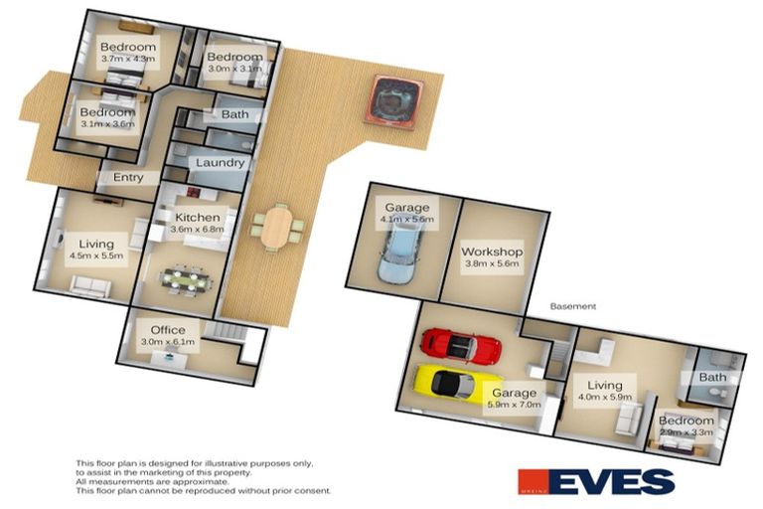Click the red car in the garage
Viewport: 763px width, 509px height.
460,346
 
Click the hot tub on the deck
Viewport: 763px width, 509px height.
391,99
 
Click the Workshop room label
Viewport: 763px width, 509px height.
492,252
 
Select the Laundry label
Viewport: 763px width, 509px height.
220,163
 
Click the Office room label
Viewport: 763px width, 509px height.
168,330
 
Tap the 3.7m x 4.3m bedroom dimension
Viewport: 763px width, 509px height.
128,60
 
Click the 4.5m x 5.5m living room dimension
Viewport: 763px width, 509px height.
97,255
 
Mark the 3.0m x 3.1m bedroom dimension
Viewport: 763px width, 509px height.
234,70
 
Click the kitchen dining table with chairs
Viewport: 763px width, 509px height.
186,279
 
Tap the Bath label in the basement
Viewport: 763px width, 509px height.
713,377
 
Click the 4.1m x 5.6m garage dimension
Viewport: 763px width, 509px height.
407,221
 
